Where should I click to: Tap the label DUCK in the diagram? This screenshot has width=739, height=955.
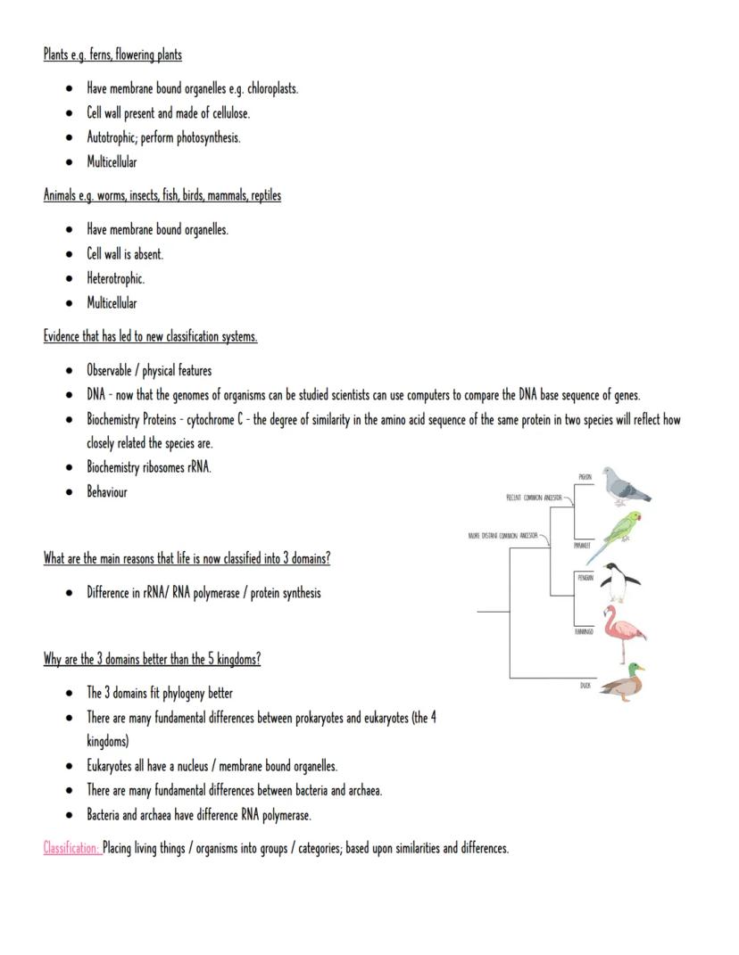pos(585,686)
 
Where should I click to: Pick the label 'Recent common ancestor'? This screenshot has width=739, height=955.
pos(534,497)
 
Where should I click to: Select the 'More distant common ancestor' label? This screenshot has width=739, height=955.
pos(503,536)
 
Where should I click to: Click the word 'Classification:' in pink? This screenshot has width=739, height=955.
pos(71,848)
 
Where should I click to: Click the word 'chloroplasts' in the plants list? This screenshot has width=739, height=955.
pos(267,88)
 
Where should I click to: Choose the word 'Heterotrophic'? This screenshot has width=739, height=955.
pos(115,278)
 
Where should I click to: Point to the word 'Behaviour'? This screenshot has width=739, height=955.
pos(107,491)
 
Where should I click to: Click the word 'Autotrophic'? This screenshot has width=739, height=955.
pos(112,137)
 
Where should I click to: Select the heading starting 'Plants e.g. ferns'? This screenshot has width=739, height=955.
pos(112,55)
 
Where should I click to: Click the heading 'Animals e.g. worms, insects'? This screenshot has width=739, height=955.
pos(162,195)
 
